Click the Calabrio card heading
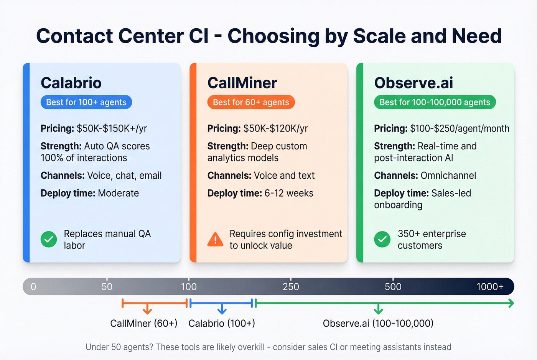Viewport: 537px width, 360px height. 71,83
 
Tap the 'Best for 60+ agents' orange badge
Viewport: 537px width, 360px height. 251,102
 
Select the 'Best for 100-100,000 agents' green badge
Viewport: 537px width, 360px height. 435,102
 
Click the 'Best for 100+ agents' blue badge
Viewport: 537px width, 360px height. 86,102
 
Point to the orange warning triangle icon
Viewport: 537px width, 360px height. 215,240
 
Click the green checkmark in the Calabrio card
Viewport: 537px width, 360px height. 49,240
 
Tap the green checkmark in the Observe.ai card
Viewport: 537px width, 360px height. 382,240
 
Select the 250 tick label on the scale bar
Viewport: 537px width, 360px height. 291,287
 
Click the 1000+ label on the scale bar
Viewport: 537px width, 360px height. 490,287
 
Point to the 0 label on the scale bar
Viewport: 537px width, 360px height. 33,287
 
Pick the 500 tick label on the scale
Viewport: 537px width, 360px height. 393,287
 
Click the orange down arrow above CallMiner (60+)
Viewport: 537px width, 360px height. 147,309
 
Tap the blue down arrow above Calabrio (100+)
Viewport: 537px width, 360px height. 222,309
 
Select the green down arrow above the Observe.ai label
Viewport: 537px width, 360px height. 378,309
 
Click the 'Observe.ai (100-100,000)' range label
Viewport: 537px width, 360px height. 378,323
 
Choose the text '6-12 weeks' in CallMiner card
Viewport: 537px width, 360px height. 289,193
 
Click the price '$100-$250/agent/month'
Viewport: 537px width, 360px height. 460,128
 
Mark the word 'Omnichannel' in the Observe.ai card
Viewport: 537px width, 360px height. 448,176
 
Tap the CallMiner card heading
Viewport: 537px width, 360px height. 242,83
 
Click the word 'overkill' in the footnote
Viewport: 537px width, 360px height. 251,347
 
